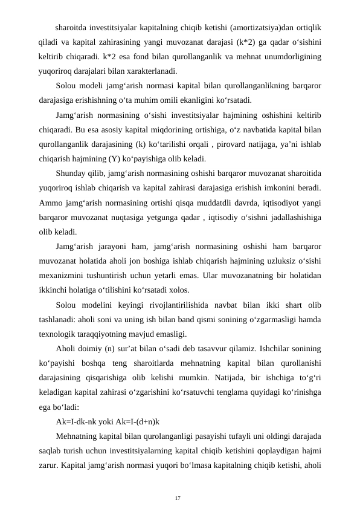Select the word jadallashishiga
(293, 218)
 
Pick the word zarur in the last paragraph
(48, 465)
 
